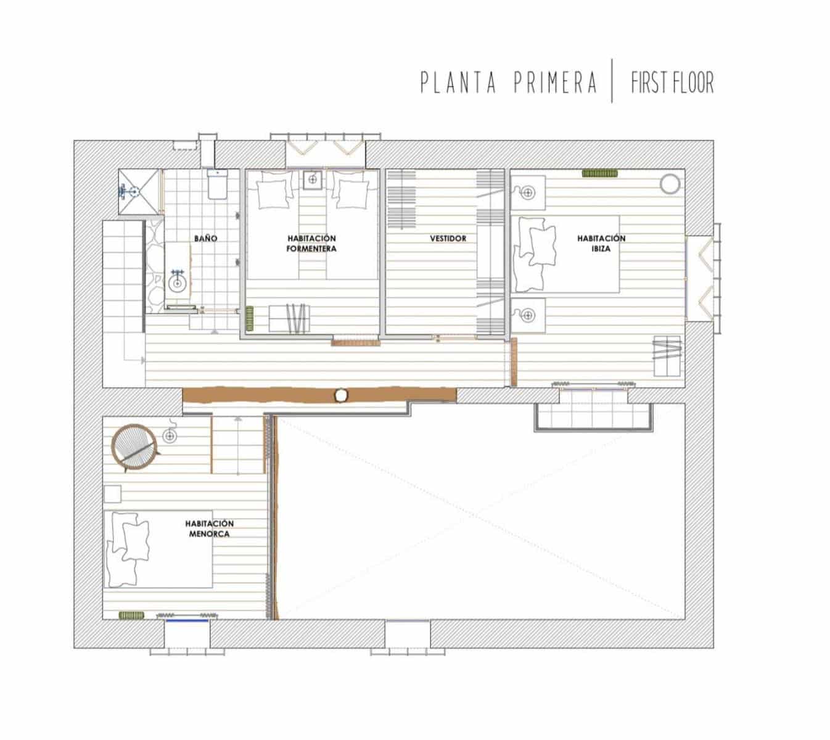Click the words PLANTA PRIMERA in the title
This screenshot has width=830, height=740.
click(x=509, y=83)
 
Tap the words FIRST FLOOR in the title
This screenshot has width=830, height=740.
click(x=672, y=83)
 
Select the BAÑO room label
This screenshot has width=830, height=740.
click(x=205, y=238)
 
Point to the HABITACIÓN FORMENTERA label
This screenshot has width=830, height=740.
click(x=311, y=244)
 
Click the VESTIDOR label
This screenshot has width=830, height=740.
click(x=448, y=238)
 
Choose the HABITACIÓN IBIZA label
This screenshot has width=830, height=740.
click(x=601, y=244)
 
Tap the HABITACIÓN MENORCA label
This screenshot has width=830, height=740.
click(x=209, y=528)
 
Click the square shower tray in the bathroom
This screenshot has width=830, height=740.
click(x=138, y=191)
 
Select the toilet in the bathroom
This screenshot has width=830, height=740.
click(x=218, y=184)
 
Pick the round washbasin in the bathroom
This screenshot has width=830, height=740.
click(x=178, y=283)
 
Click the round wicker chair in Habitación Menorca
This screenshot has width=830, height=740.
click(x=134, y=447)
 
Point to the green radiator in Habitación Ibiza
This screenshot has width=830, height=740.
click(x=600, y=173)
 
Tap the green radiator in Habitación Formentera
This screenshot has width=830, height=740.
click(x=250, y=318)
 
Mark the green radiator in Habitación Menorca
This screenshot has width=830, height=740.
click(x=131, y=615)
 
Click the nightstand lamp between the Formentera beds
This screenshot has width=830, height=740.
click(x=313, y=180)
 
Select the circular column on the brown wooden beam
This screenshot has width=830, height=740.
click(x=340, y=395)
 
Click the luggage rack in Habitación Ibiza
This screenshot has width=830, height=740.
click(x=667, y=355)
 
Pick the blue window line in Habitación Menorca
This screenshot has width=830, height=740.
click(x=187, y=620)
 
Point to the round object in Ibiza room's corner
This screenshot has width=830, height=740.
click(x=670, y=184)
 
